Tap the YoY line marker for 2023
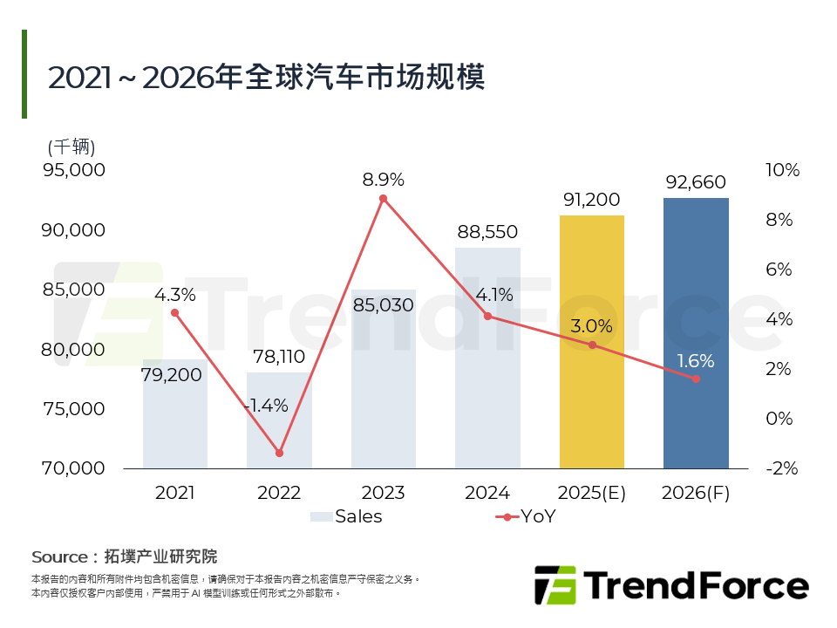tap(383, 199)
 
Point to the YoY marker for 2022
tap(279, 453)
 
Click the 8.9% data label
tap(383, 180)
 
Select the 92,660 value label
tap(696, 182)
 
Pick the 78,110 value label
tap(279, 357)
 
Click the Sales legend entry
tap(347, 516)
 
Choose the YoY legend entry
tap(526, 516)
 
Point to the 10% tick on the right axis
tap(782, 170)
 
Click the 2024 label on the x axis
tap(487, 493)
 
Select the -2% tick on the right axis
tap(782, 468)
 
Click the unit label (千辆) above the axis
tap(71, 146)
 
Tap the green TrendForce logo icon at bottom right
tap(555, 585)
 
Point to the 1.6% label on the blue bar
tap(696, 360)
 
